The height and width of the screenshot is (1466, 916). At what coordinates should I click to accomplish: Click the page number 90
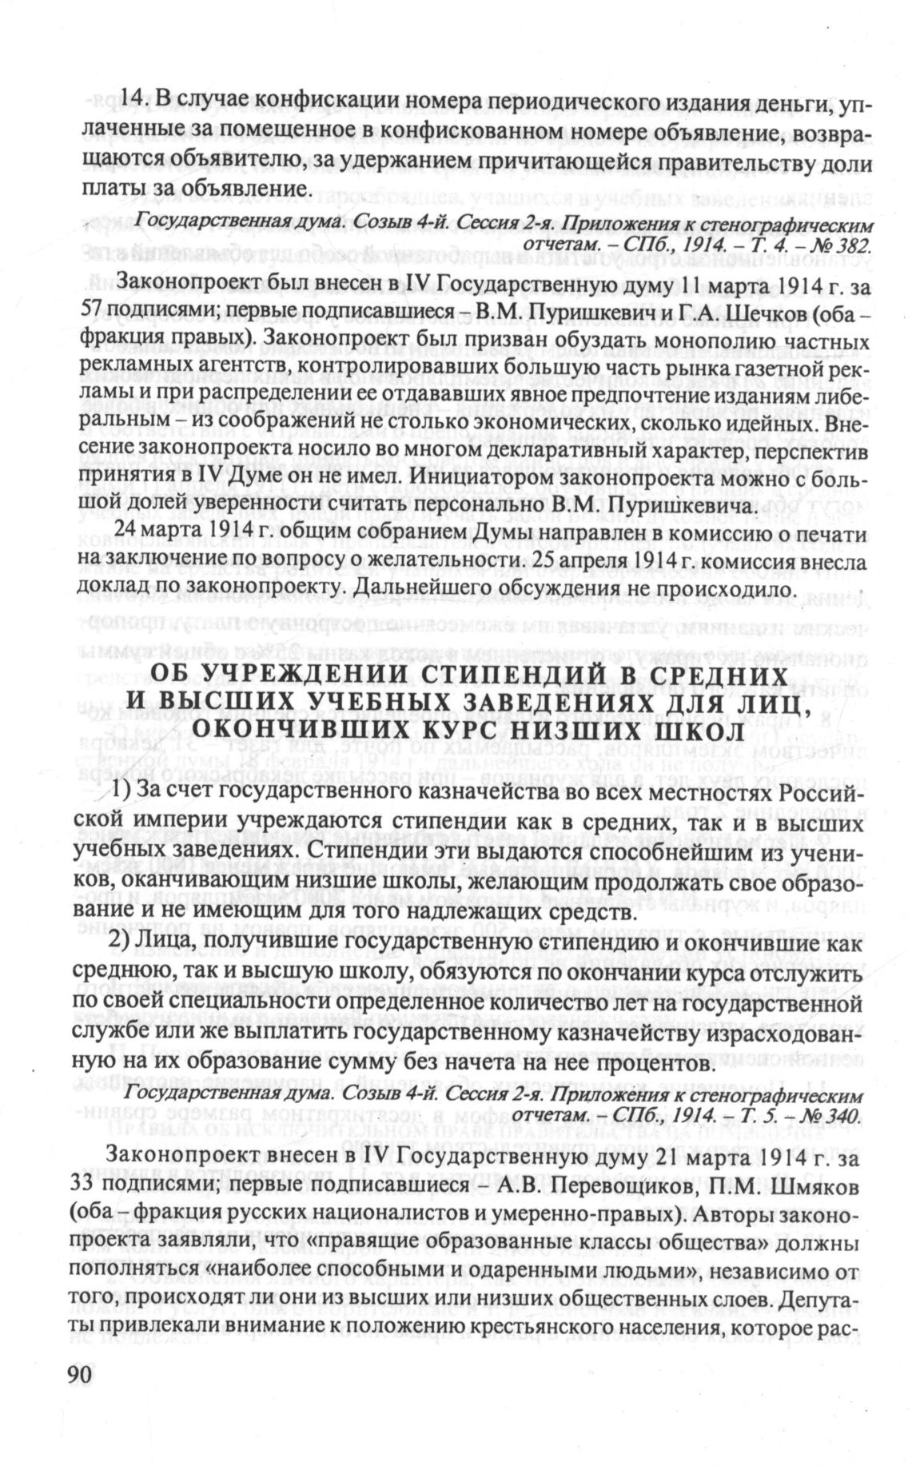coord(78,1395)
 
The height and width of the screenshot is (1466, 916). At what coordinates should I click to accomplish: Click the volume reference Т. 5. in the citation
coord(763,1114)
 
